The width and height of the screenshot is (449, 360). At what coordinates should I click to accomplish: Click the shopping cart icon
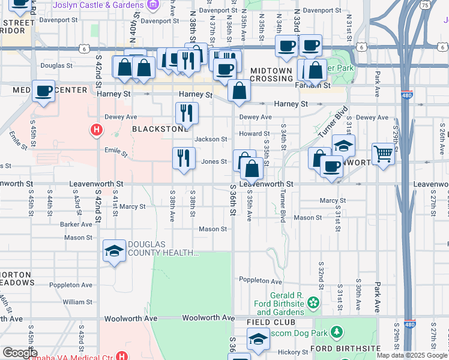(x=383, y=154)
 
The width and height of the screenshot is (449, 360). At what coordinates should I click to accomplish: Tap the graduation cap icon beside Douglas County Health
(x=114, y=250)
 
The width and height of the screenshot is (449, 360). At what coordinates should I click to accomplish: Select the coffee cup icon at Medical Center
(x=44, y=91)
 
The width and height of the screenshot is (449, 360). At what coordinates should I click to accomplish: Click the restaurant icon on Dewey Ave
(x=186, y=112)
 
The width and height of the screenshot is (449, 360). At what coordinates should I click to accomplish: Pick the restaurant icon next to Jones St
(x=184, y=158)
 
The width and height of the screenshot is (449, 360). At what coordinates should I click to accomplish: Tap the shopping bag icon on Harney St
(x=239, y=92)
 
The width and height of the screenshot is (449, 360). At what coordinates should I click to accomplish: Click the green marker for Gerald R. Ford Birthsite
(x=312, y=302)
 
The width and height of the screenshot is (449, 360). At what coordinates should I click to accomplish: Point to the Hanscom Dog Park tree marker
(x=337, y=331)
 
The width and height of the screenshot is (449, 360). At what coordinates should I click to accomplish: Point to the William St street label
(x=77, y=302)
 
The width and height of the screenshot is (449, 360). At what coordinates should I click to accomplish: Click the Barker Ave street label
(x=76, y=224)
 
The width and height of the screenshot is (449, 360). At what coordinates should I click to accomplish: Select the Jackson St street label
(x=210, y=139)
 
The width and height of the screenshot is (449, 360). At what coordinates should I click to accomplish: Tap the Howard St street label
(x=255, y=134)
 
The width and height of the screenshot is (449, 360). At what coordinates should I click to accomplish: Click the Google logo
(x=19, y=352)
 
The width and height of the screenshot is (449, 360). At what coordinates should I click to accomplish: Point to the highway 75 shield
(x=425, y=5)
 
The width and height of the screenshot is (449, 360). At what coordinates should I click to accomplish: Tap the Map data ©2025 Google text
(x=412, y=355)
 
